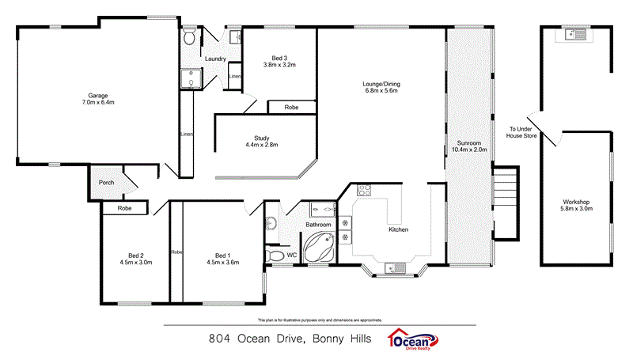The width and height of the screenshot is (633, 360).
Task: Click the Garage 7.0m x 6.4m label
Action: pos(97,99)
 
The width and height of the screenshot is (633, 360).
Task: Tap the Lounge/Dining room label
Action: pos(381,87)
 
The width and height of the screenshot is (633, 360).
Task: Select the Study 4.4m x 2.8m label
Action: pos(261,141)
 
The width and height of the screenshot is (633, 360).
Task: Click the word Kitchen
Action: pos(398,229)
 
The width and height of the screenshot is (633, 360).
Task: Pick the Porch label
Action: pos(106,183)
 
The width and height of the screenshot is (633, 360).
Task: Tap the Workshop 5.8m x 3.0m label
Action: pos(576,204)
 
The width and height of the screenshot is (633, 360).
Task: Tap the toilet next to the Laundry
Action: pos(189,38)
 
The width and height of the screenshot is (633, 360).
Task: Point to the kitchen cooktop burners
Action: pos(365,190)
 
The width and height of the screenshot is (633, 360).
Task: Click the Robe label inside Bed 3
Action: pos(291,107)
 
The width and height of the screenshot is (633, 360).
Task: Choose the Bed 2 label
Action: pos(135,255)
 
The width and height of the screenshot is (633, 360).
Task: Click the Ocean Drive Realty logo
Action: pos(415,340)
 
